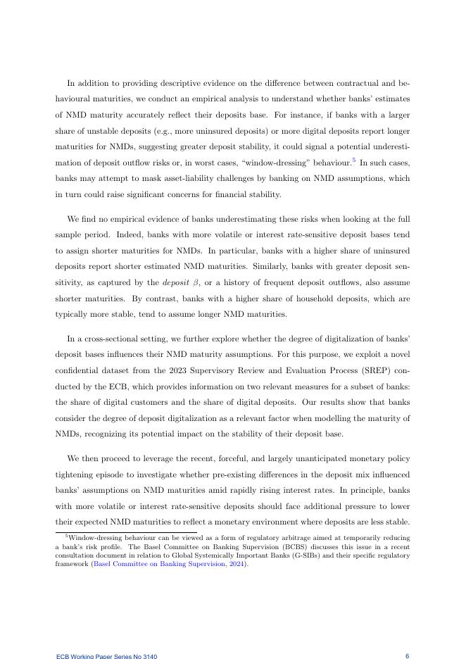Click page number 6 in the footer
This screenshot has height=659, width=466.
[407, 655]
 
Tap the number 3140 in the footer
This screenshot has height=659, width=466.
[147, 656]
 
